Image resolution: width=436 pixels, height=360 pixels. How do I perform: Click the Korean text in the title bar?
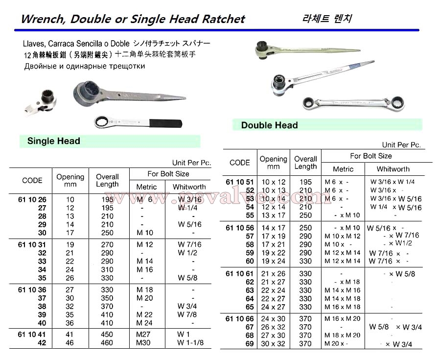pos(327,19)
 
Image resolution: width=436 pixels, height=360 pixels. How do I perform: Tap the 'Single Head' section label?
pos(54,141)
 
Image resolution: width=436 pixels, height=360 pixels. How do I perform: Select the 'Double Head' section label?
pos(269,125)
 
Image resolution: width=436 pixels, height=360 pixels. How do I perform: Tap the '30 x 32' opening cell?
pos(273,344)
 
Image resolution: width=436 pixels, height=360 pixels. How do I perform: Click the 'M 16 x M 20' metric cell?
pos(343,319)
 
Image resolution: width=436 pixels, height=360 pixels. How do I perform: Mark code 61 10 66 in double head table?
pos(239,319)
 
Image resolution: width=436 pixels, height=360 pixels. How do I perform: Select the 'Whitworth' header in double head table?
pos(393,169)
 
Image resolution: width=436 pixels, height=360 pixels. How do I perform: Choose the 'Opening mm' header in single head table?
pos(70,180)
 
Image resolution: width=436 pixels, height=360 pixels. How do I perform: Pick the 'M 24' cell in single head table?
pos(145,323)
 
